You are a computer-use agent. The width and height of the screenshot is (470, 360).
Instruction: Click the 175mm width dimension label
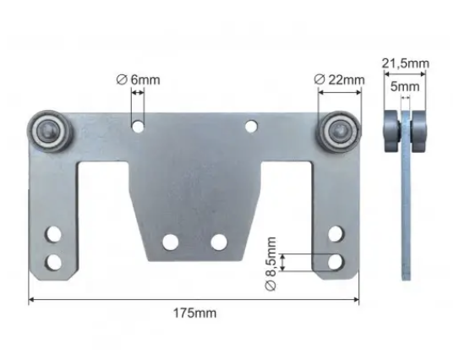coord(194,314)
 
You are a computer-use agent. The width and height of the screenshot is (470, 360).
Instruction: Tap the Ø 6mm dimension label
coord(138,79)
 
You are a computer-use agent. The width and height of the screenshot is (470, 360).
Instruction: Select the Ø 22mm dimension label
coord(339,79)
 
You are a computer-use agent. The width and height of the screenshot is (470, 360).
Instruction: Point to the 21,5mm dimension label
coord(405,63)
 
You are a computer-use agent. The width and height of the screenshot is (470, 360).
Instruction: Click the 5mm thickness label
coord(405,87)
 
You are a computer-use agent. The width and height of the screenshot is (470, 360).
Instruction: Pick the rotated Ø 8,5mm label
coord(271,264)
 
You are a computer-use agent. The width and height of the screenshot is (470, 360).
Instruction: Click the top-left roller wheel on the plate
coord(50,131)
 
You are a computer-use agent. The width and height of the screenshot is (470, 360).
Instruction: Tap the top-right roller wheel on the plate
coord(339,131)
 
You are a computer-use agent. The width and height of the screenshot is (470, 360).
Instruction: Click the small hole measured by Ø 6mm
coord(138,127)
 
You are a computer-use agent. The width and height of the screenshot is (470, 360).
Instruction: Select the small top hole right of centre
coord(251,126)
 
